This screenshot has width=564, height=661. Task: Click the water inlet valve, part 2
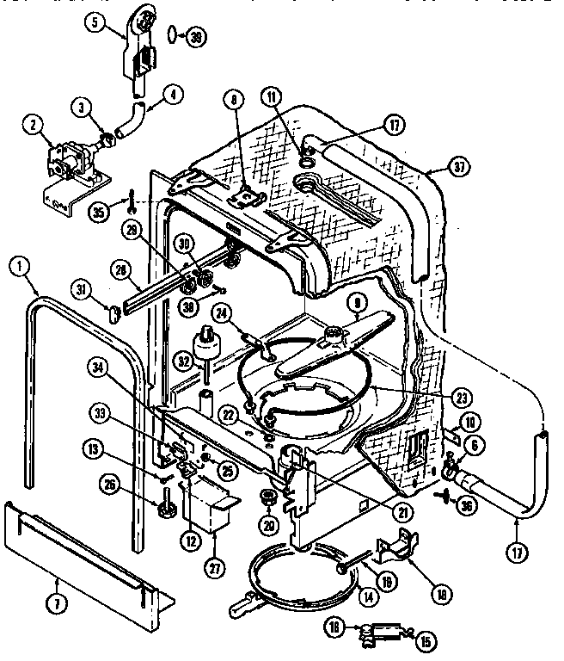tap(73, 164)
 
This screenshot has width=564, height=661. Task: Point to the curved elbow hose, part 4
tap(132, 121)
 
